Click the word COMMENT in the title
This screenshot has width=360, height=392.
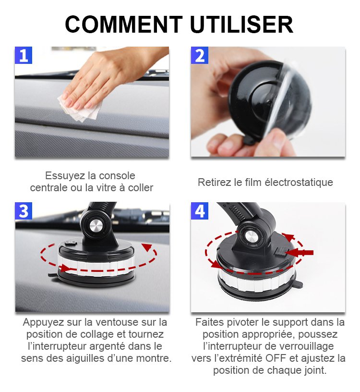click(124, 24)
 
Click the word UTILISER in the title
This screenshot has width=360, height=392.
click(241, 24)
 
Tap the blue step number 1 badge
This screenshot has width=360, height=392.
click(24, 55)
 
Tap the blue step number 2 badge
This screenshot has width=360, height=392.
click(200, 55)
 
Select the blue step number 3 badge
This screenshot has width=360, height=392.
click(24, 211)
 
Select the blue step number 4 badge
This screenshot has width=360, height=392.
click(200, 211)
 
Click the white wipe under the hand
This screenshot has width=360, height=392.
click(80, 109)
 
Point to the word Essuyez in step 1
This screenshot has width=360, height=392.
click(65, 176)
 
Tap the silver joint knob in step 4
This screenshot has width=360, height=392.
click(250, 236)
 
